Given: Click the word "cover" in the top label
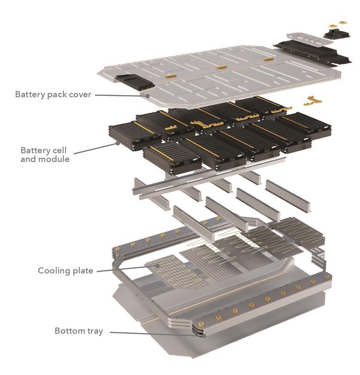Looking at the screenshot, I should tap(79, 94).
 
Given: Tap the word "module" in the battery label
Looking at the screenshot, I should tap(54, 159).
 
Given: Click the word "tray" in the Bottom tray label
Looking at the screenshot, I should tap(95, 331).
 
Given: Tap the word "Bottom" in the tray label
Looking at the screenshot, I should tap(69, 331).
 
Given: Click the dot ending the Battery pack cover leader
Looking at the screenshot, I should tap(147, 96).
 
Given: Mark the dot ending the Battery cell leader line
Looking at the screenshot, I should tap(118, 143).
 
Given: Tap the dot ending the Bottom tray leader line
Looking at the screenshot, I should tap(202, 336).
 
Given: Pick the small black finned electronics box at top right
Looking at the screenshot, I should tap(339, 32).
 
